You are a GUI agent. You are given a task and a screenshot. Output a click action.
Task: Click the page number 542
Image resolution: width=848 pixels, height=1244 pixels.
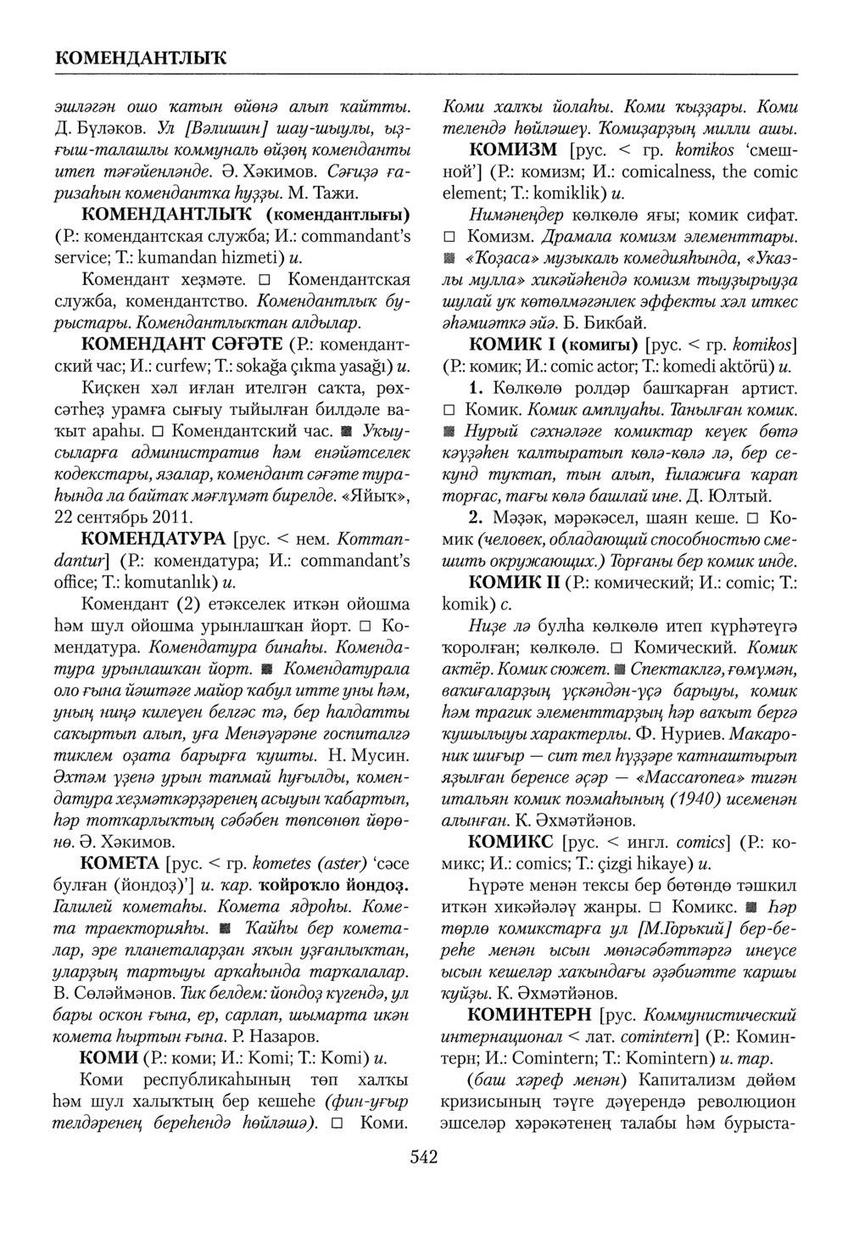coord(423,1157)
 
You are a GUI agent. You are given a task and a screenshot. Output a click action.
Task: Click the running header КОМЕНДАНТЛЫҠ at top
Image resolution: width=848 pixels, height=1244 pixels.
coord(142,59)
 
